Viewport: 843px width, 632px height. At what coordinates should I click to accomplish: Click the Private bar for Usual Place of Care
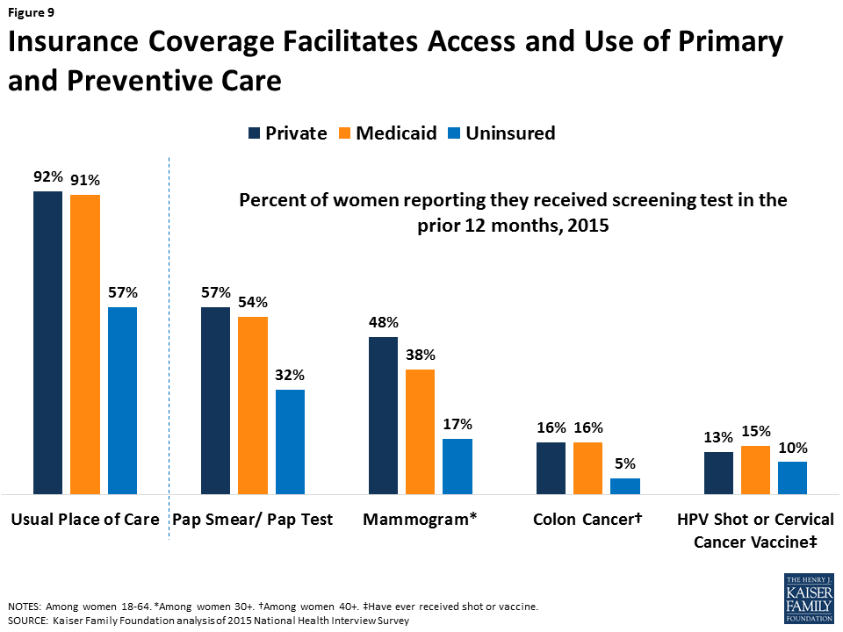47,342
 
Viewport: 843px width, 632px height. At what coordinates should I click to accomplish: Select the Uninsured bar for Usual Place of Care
123,400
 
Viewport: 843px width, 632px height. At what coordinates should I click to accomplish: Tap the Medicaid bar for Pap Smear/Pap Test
253,406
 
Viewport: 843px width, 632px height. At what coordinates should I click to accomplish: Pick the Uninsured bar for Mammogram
458,466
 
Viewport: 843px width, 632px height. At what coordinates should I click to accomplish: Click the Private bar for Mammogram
384,415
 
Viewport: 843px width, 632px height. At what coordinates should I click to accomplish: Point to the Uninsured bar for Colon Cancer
625,485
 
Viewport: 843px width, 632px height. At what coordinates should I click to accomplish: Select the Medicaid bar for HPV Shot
755,470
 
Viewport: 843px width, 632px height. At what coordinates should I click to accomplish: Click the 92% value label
47,176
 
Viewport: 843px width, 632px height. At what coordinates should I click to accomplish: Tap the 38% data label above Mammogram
421,355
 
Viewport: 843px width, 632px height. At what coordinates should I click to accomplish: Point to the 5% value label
625,463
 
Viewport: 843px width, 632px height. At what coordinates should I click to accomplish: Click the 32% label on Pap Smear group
290,375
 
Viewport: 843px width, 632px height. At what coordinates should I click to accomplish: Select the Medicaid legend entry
387,133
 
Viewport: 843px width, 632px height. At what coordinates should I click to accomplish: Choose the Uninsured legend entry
501,133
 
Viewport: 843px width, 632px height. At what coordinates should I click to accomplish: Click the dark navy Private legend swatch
254,133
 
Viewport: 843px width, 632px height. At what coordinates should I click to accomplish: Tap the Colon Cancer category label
587,519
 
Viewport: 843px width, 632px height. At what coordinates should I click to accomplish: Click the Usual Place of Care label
85,519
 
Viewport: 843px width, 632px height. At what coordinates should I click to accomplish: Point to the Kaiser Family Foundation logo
809,598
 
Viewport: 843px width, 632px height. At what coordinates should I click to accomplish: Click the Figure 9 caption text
32,12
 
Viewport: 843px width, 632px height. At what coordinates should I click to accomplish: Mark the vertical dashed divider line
169,348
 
